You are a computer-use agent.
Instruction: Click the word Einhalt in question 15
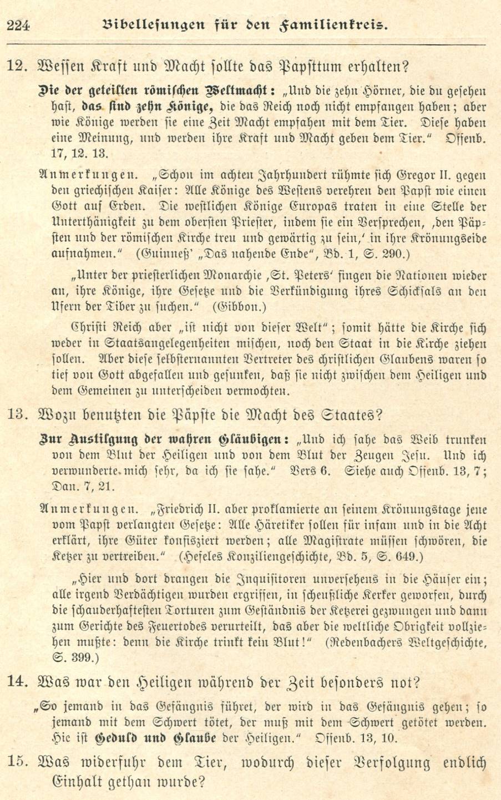tap(65, 783)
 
